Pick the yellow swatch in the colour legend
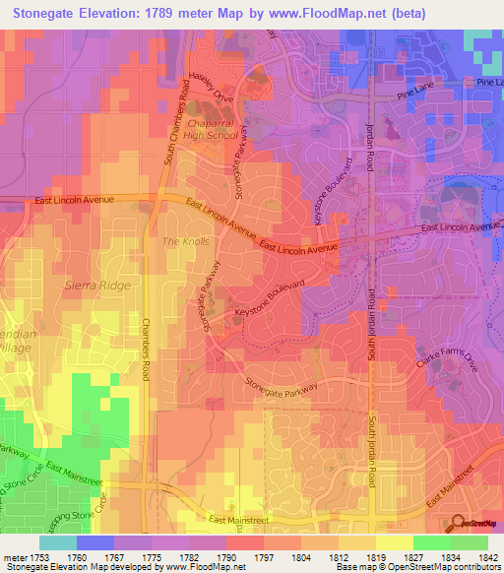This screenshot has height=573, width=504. click(x=394, y=542)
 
